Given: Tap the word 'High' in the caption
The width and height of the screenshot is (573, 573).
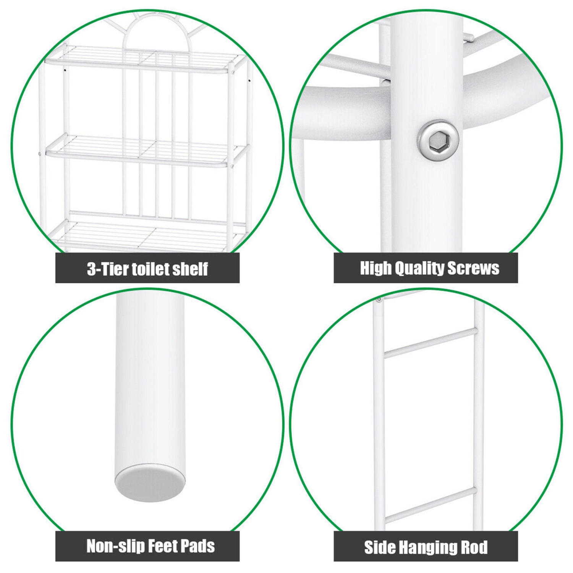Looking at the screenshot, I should point(376,268).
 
